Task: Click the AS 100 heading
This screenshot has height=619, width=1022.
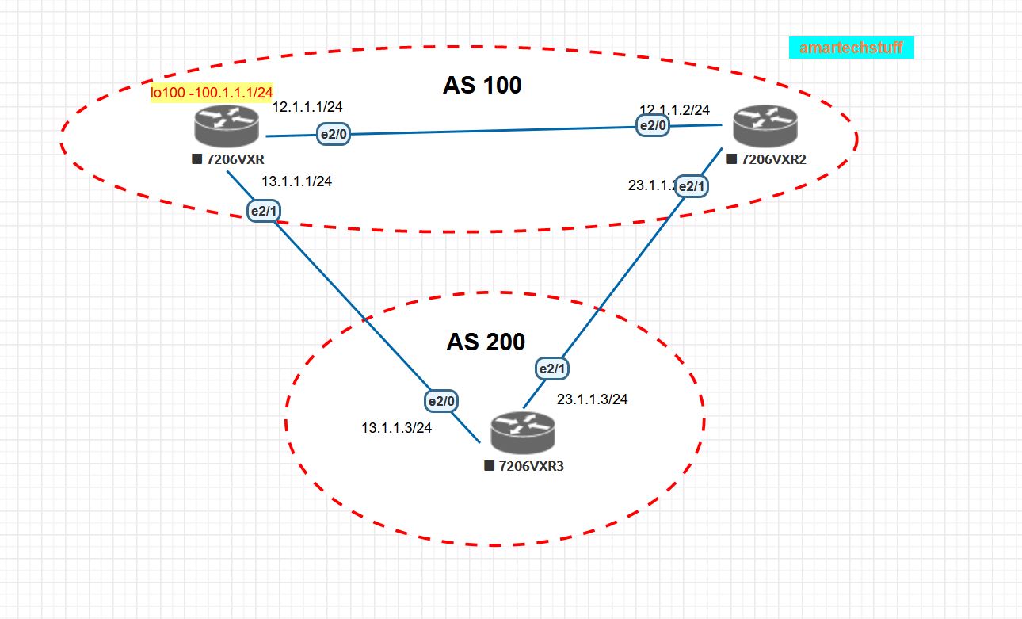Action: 482,85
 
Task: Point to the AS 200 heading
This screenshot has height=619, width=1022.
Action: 485,342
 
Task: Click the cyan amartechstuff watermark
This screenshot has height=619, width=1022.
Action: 851,48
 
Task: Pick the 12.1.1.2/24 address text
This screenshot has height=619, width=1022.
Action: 675,109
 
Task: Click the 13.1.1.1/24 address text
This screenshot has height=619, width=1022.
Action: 296,181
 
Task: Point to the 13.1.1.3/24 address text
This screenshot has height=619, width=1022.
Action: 397,428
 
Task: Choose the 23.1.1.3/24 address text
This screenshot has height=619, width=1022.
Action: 593,399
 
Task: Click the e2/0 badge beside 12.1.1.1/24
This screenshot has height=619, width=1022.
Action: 334,135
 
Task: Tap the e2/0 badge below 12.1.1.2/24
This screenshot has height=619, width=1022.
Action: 654,125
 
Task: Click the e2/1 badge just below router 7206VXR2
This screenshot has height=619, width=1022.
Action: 692,186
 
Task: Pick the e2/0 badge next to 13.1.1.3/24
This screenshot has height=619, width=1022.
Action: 441,402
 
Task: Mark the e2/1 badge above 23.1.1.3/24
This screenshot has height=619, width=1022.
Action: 553,369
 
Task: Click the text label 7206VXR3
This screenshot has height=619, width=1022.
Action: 530,465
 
